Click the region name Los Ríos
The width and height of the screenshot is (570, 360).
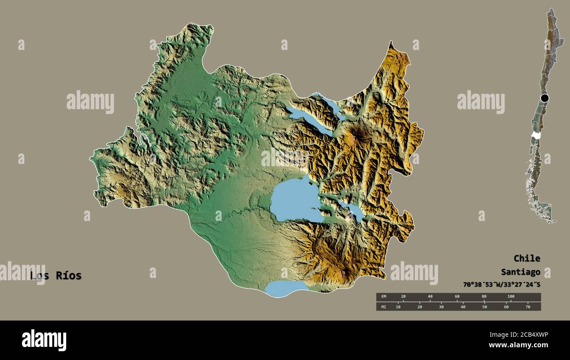56,276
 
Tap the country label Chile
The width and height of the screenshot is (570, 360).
527,258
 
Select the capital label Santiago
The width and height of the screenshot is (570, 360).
521,272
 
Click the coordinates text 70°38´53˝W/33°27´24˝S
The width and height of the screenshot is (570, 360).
502,285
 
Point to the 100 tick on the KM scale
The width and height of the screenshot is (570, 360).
510,297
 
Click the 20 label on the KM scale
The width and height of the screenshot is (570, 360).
403,297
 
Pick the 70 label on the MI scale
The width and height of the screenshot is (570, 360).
528,307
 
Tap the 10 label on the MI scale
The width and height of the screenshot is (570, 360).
398,307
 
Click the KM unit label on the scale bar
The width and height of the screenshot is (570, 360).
383,297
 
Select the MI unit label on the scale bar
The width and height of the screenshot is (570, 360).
383,307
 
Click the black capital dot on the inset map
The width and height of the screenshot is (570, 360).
545,98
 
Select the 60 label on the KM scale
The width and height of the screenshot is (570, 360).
457,297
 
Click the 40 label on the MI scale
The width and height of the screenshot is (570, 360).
463,307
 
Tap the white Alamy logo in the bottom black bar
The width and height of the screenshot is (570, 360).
44,340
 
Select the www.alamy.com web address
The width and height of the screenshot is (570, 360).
518,346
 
